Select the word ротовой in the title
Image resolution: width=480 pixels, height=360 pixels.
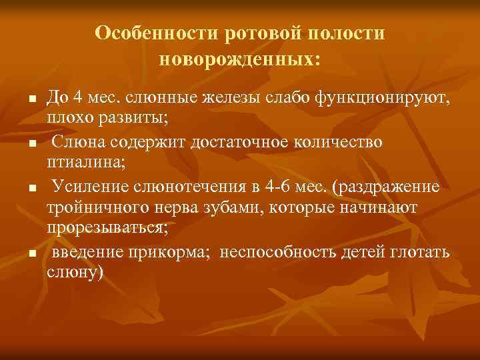[263, 33]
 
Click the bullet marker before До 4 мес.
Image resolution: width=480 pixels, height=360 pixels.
[31, 100]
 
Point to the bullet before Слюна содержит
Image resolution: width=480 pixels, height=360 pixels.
[31, 143]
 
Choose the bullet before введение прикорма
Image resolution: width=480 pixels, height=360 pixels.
[31, 253]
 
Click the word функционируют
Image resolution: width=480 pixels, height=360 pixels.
[389, 99]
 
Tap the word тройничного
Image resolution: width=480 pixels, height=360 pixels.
[91, 208]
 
